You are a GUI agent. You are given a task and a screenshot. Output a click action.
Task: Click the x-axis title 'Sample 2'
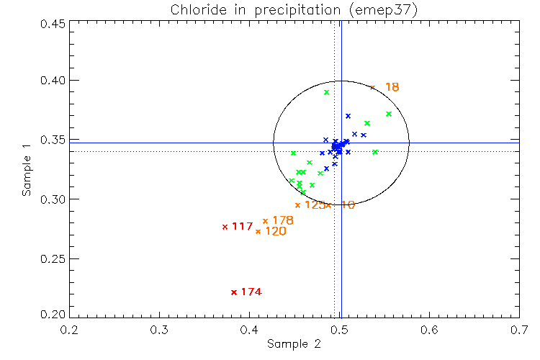coord(294,344)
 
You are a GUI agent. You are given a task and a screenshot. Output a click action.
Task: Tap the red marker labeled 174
coord(234,292)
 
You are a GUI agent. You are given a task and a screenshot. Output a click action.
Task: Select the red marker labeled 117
coord(225,227)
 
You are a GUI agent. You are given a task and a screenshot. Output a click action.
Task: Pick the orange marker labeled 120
coord(258,231)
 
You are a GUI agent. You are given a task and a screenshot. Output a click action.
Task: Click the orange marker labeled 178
coord(265,221)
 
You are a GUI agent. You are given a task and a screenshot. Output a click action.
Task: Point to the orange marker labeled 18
coord(372,87)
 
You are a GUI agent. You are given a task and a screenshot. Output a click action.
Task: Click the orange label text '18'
coord(392,88)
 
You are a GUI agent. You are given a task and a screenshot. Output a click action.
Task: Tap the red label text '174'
coord(251,292)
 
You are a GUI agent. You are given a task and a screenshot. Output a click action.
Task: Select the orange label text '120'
coord(276,232)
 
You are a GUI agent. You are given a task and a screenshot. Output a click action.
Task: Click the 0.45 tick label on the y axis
coord(52,23)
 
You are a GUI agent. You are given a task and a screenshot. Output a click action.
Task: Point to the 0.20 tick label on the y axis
coord(52,315)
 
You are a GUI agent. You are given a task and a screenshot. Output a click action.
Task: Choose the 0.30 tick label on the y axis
coord(52,199)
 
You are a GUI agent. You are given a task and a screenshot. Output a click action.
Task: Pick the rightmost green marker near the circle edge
coord(389,114)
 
